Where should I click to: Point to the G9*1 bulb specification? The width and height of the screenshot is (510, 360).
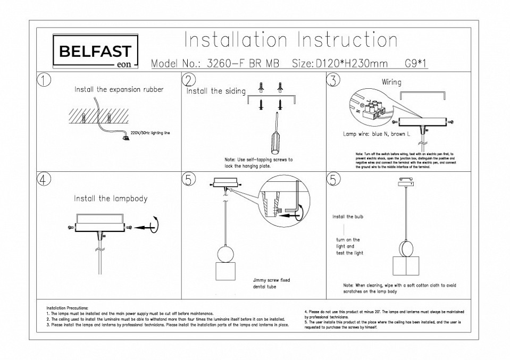pos(416,64)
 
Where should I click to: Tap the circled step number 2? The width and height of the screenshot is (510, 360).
pos(189,80)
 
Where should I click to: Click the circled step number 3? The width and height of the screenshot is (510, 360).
pos(333,80)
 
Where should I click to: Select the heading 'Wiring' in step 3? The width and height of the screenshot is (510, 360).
pos(391,82)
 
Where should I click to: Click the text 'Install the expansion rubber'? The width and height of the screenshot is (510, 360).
pos(119,90)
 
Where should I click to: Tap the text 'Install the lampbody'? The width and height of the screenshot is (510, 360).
pos(111,198)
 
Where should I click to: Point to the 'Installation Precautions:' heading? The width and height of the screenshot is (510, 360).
pos(68,308)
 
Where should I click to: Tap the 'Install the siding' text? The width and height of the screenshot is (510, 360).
pos(216,91)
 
